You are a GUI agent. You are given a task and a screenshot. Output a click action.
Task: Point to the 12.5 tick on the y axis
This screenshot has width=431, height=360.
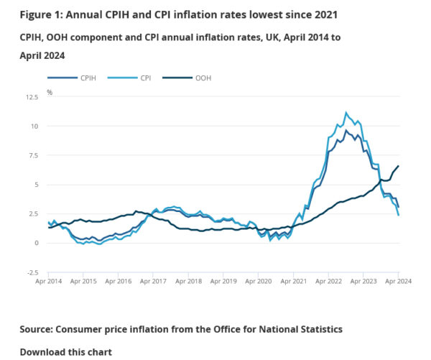(32, 96)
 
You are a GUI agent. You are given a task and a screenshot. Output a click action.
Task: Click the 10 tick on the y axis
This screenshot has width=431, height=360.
(34, 126)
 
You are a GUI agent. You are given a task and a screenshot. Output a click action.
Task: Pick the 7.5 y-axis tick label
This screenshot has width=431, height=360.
(33, 155)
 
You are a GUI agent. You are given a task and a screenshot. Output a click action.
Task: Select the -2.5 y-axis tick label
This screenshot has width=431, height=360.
(32, 272)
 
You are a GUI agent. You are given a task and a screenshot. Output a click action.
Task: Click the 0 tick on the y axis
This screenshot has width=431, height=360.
(37, 243)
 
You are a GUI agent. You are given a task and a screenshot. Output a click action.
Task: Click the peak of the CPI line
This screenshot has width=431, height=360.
(346, 113)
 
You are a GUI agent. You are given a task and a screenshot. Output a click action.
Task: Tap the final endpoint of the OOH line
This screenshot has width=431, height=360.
(399, 166)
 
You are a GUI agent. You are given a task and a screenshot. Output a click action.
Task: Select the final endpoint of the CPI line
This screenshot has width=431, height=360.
(399, 216)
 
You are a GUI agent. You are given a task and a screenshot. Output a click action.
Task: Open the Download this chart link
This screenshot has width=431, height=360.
(65, 352)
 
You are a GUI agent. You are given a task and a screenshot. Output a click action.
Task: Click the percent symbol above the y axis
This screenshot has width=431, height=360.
(50, 92)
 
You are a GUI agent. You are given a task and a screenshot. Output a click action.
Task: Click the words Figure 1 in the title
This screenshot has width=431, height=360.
(40, 14)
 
